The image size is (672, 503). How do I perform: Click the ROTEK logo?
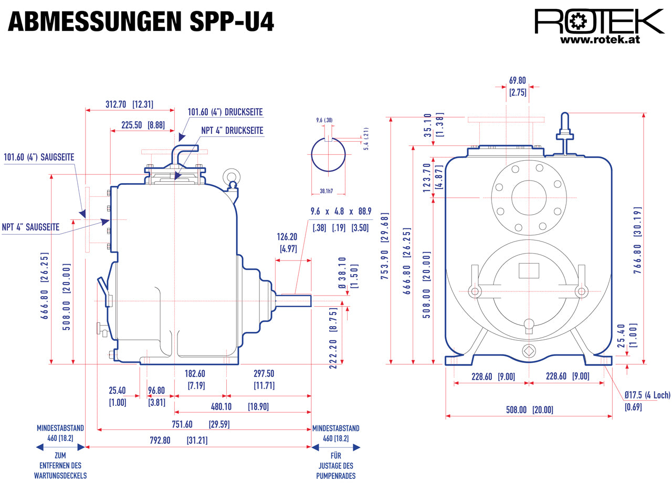coord(598,21)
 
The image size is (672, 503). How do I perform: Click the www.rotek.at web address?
coord(600,39)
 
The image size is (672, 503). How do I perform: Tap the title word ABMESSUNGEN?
coord(94,22)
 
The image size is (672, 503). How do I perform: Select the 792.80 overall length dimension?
coord(160,440)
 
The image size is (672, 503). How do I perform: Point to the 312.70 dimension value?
coord(115,104)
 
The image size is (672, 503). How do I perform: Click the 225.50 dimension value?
coord(132,125)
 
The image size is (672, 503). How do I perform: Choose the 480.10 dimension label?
coord(221,406)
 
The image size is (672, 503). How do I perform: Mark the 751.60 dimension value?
coord(182,424)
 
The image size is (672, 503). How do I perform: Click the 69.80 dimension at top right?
coord(518,80)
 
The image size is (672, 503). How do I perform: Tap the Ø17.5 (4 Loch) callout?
coord(647,395)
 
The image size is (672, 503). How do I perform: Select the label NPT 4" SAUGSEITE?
coord(30,227)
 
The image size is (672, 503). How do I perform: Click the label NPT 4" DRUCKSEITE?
coord(232,130)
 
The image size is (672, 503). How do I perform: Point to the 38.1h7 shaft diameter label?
coord(327,191)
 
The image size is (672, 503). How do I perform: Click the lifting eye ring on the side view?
coord(232,177)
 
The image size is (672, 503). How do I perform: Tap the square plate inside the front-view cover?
coord(529,270)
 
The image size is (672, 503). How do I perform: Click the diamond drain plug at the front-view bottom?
coord(529,351)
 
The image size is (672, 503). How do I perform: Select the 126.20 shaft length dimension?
coord(287,237)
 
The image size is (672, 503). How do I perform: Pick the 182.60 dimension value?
coord(195,373)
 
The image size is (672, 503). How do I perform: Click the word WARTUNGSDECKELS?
coord(60,476)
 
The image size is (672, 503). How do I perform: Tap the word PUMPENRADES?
coord(336,476)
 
